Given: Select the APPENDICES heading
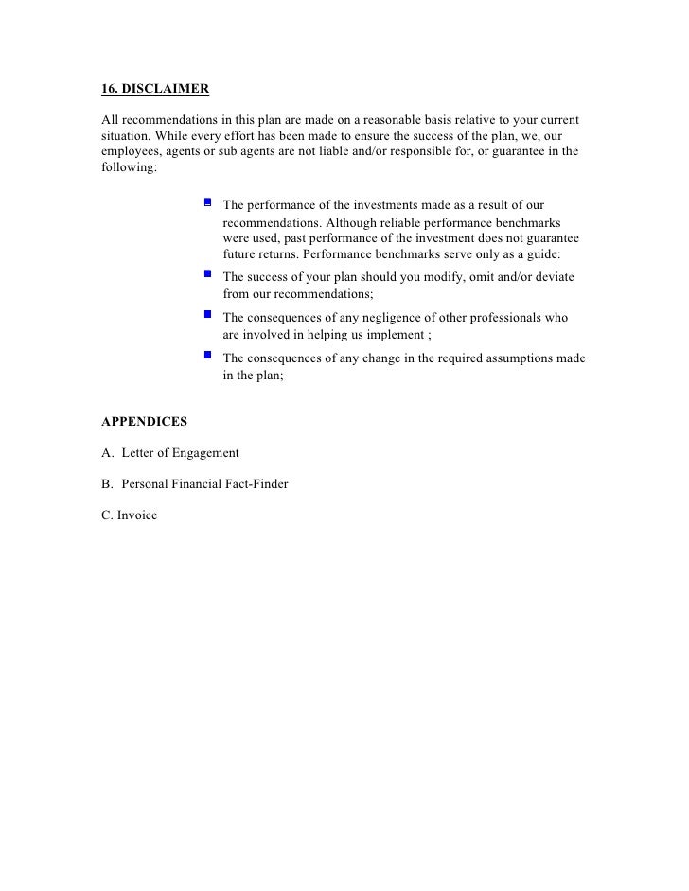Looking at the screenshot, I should coord(144,421).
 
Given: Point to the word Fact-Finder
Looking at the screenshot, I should coord(254,484).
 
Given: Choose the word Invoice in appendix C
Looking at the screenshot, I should coord(137,515).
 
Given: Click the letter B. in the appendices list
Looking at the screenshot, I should coord(106,484).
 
